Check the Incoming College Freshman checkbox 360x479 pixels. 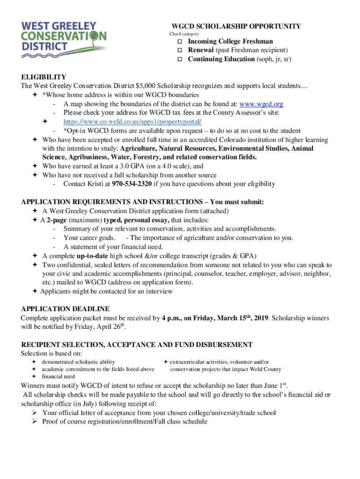coord(179,42)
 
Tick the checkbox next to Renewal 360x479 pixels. coord(179,50)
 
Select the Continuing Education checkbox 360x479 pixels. coord(179,59)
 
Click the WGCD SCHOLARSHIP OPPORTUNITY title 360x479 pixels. coord(236,26)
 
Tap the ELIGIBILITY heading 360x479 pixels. coord(43,77)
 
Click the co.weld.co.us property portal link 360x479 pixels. coord(133,122)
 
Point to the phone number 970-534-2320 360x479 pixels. coord(132,184)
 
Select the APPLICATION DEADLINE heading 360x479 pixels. coord(65,309)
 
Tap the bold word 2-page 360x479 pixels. coord(57,220)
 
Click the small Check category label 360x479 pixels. coord(184,34)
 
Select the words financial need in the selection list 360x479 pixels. coord(58,377)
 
